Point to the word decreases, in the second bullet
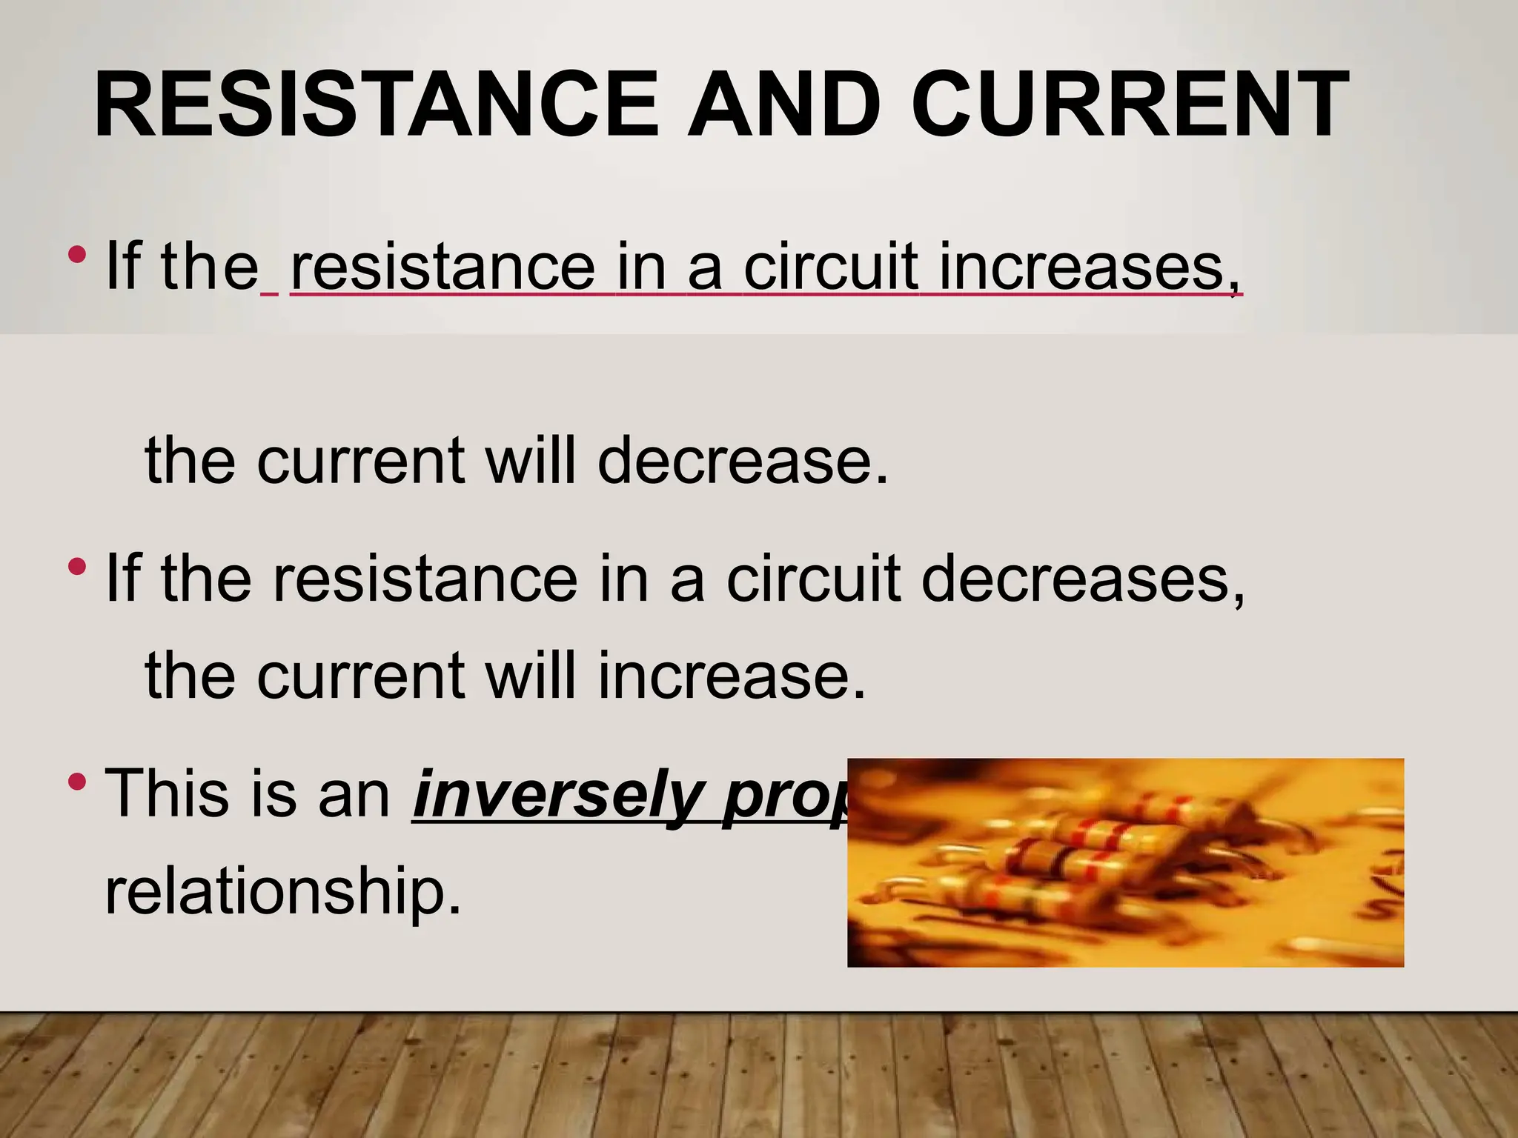[x=1082, y=578]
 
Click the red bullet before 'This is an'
[x=76, y=781]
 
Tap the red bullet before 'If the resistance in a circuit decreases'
[x=76, y=568]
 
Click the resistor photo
[x=1125, y=862]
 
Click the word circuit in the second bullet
[x=813, y=578]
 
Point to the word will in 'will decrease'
[x=530, y=461]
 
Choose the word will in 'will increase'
[x=530, y=676]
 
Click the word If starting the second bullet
[x=123, y=578]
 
